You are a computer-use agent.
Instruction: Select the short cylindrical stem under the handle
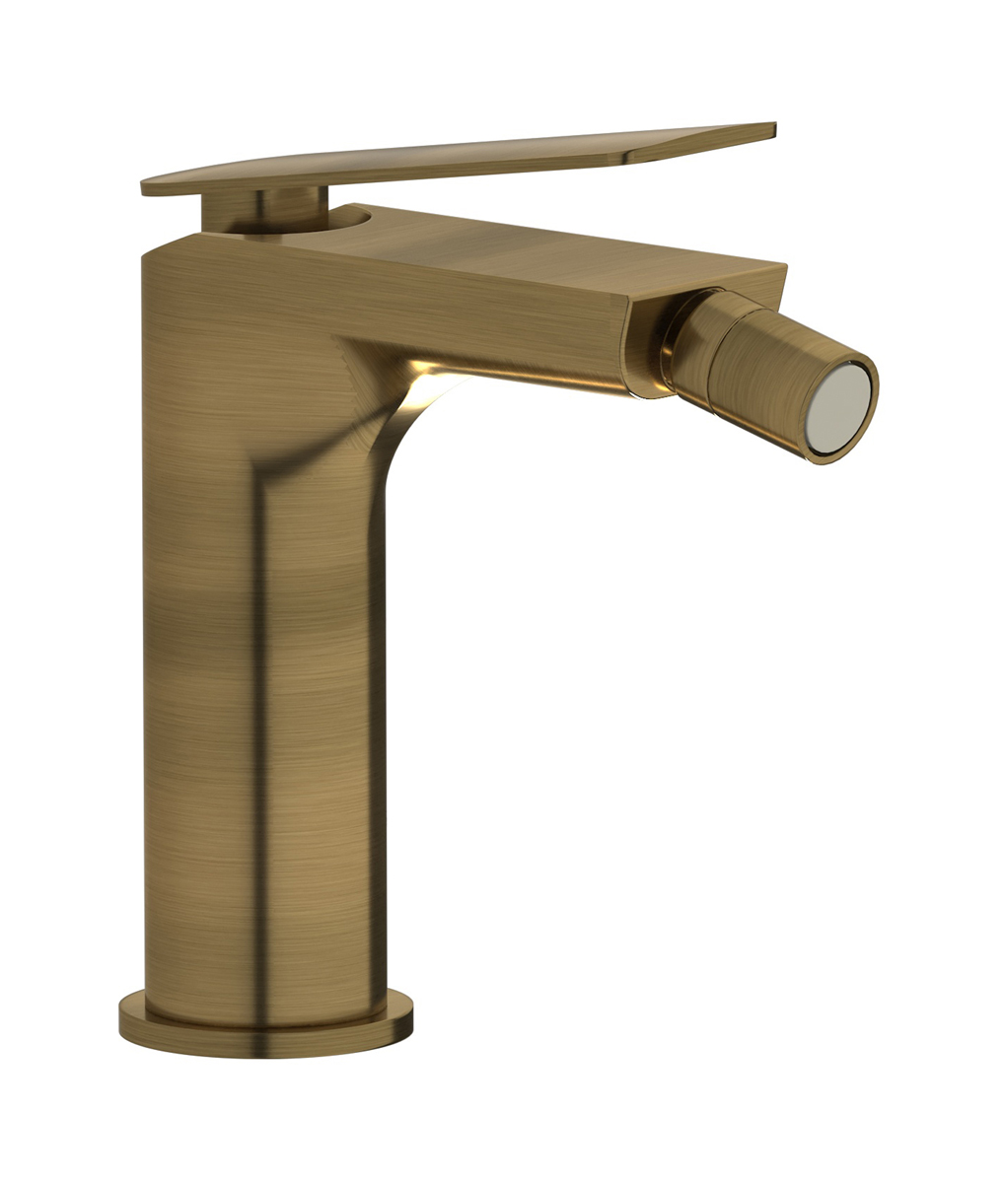[261, 209]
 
